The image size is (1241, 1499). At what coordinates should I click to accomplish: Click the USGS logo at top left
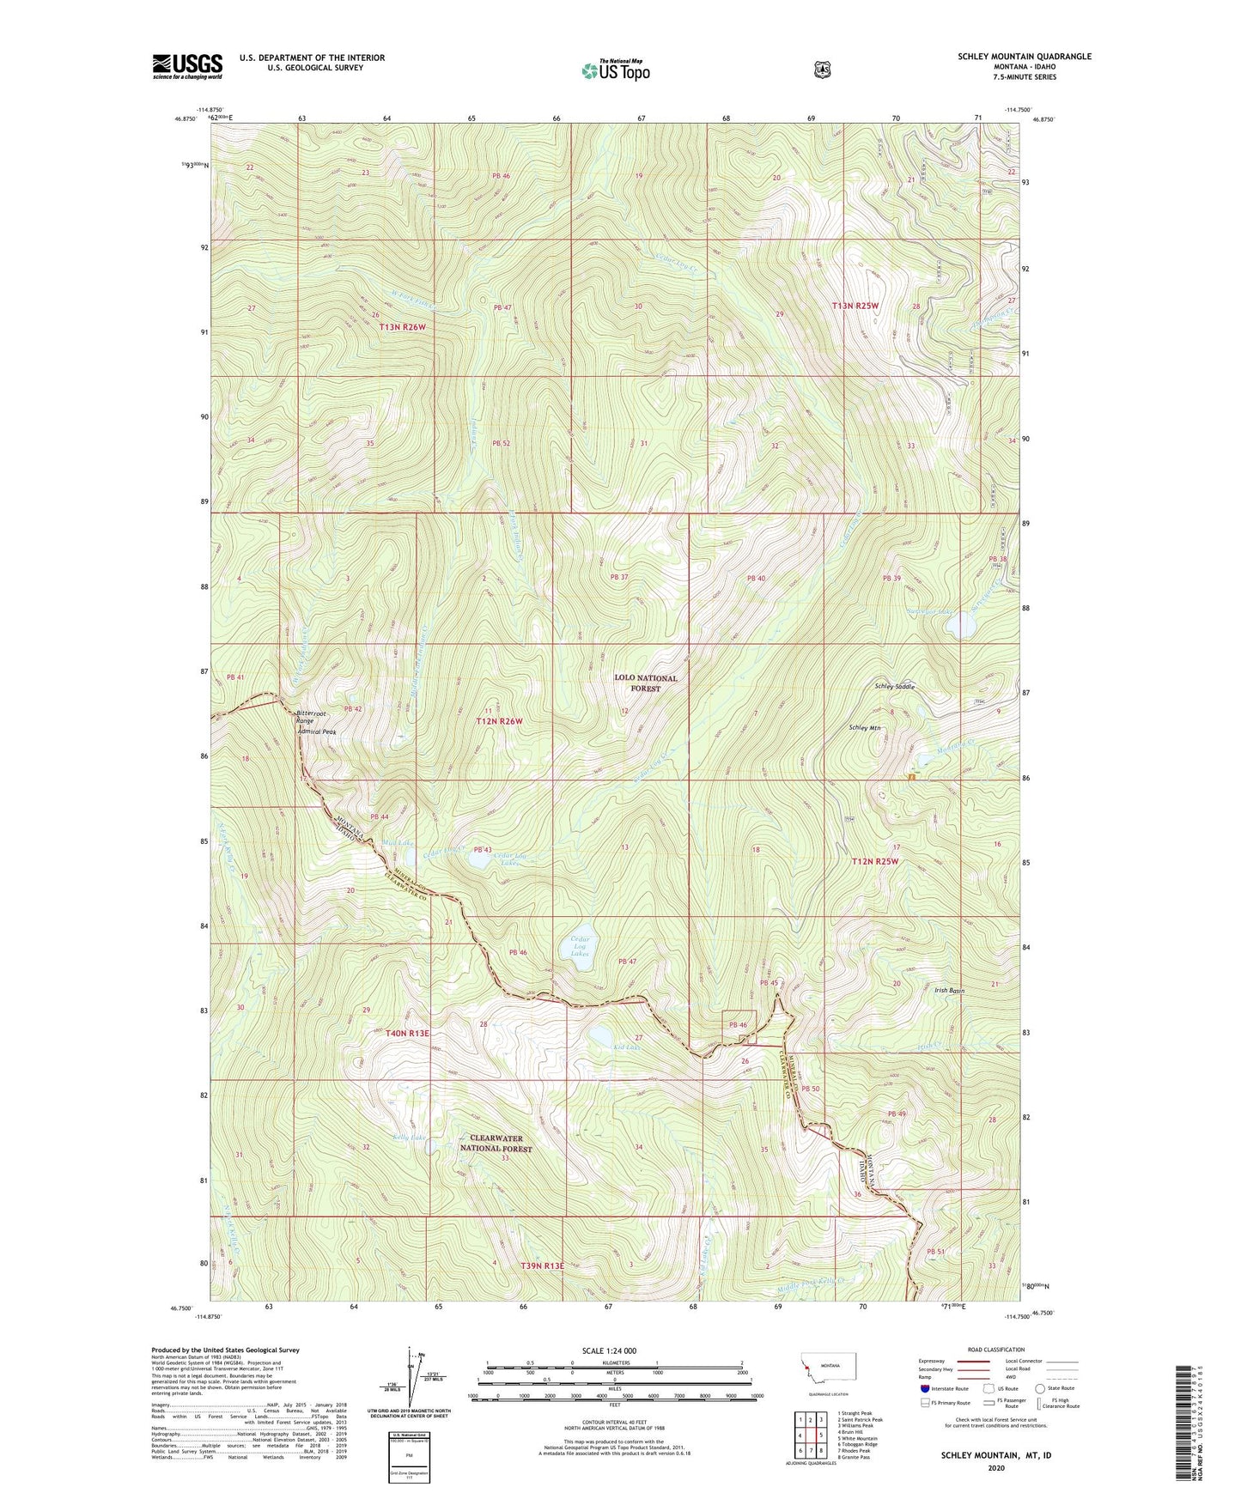coord(187,66)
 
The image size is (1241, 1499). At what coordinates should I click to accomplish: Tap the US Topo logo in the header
coord(613,70)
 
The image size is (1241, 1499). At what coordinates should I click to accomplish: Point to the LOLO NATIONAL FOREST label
coord(645,683)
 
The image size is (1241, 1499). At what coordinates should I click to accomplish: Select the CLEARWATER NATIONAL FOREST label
coord(496,1144)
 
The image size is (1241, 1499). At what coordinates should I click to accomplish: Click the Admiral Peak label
coord(316,732)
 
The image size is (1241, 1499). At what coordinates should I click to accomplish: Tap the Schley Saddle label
coord(895,687)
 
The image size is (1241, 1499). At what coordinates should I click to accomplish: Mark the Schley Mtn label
coord(865,728)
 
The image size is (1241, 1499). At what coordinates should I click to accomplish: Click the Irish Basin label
coord(949,991)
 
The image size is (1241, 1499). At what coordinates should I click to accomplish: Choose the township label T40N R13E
coord(401,1034)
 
